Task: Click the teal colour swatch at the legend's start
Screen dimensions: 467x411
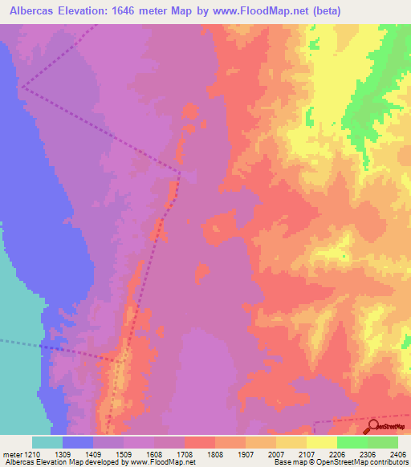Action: click(x=47, y=442)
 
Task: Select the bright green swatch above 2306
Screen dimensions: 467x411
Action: click(x=352, y=442)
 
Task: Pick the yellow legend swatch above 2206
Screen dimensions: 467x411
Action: click(x=321, y=442)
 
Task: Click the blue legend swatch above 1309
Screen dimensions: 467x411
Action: click(x=78, y=442)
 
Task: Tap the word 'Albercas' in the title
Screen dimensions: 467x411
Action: click(x=34, y=11)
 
